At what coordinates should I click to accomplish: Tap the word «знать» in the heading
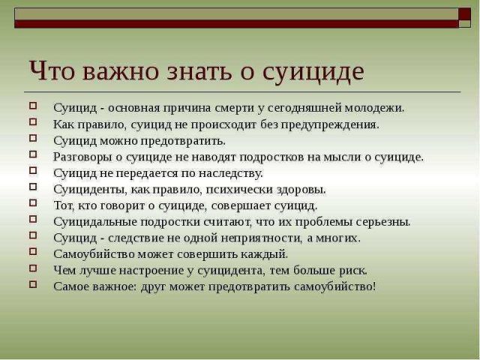click(199, 71)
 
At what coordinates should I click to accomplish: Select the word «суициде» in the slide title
click(313, 72)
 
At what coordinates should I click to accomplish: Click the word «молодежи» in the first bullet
click(375, 108)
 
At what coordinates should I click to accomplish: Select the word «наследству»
click(231, 173)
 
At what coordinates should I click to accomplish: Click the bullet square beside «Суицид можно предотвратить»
click(33, 138)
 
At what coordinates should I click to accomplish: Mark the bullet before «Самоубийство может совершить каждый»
click(33, 252)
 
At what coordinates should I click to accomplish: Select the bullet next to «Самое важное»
click(33, 284)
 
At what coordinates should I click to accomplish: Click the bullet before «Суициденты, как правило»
click(33, 187)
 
